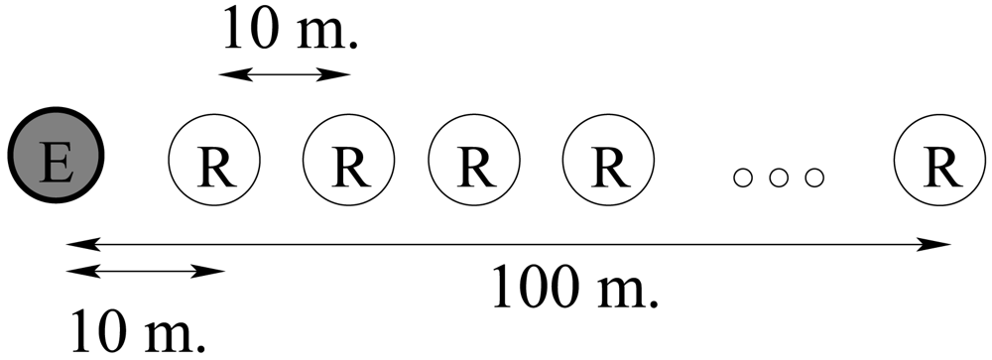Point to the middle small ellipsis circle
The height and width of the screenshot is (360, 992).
pyautogui.click(x=779, y=179)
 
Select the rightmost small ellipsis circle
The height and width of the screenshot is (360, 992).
pyautogui.click(x=814, y=179)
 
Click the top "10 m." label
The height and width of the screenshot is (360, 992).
pyautogui.click(x=290, y=33)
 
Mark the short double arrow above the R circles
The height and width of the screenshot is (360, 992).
pyautogui.click(x=285, y=73)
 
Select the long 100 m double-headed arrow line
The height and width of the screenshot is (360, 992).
pyautogui.click(x=506, y=243)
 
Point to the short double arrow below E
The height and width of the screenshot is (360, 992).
pyautogui.click(x=146, y=269)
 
